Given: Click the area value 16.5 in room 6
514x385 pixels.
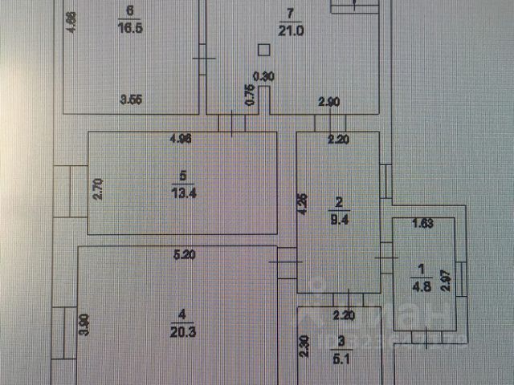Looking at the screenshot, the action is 129,26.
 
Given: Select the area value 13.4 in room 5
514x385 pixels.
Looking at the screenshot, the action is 183,190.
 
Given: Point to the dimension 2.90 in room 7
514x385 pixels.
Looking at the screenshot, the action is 328,101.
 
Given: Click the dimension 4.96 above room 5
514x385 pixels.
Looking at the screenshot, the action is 182,138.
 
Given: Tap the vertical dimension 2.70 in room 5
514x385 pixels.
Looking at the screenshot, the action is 97,188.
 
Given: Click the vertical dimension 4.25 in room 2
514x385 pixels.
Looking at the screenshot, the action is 303,205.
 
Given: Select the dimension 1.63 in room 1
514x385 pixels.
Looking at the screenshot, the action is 422,224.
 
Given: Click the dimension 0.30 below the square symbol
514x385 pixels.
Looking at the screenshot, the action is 263,77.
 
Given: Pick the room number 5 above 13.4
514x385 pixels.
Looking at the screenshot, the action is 183,175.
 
